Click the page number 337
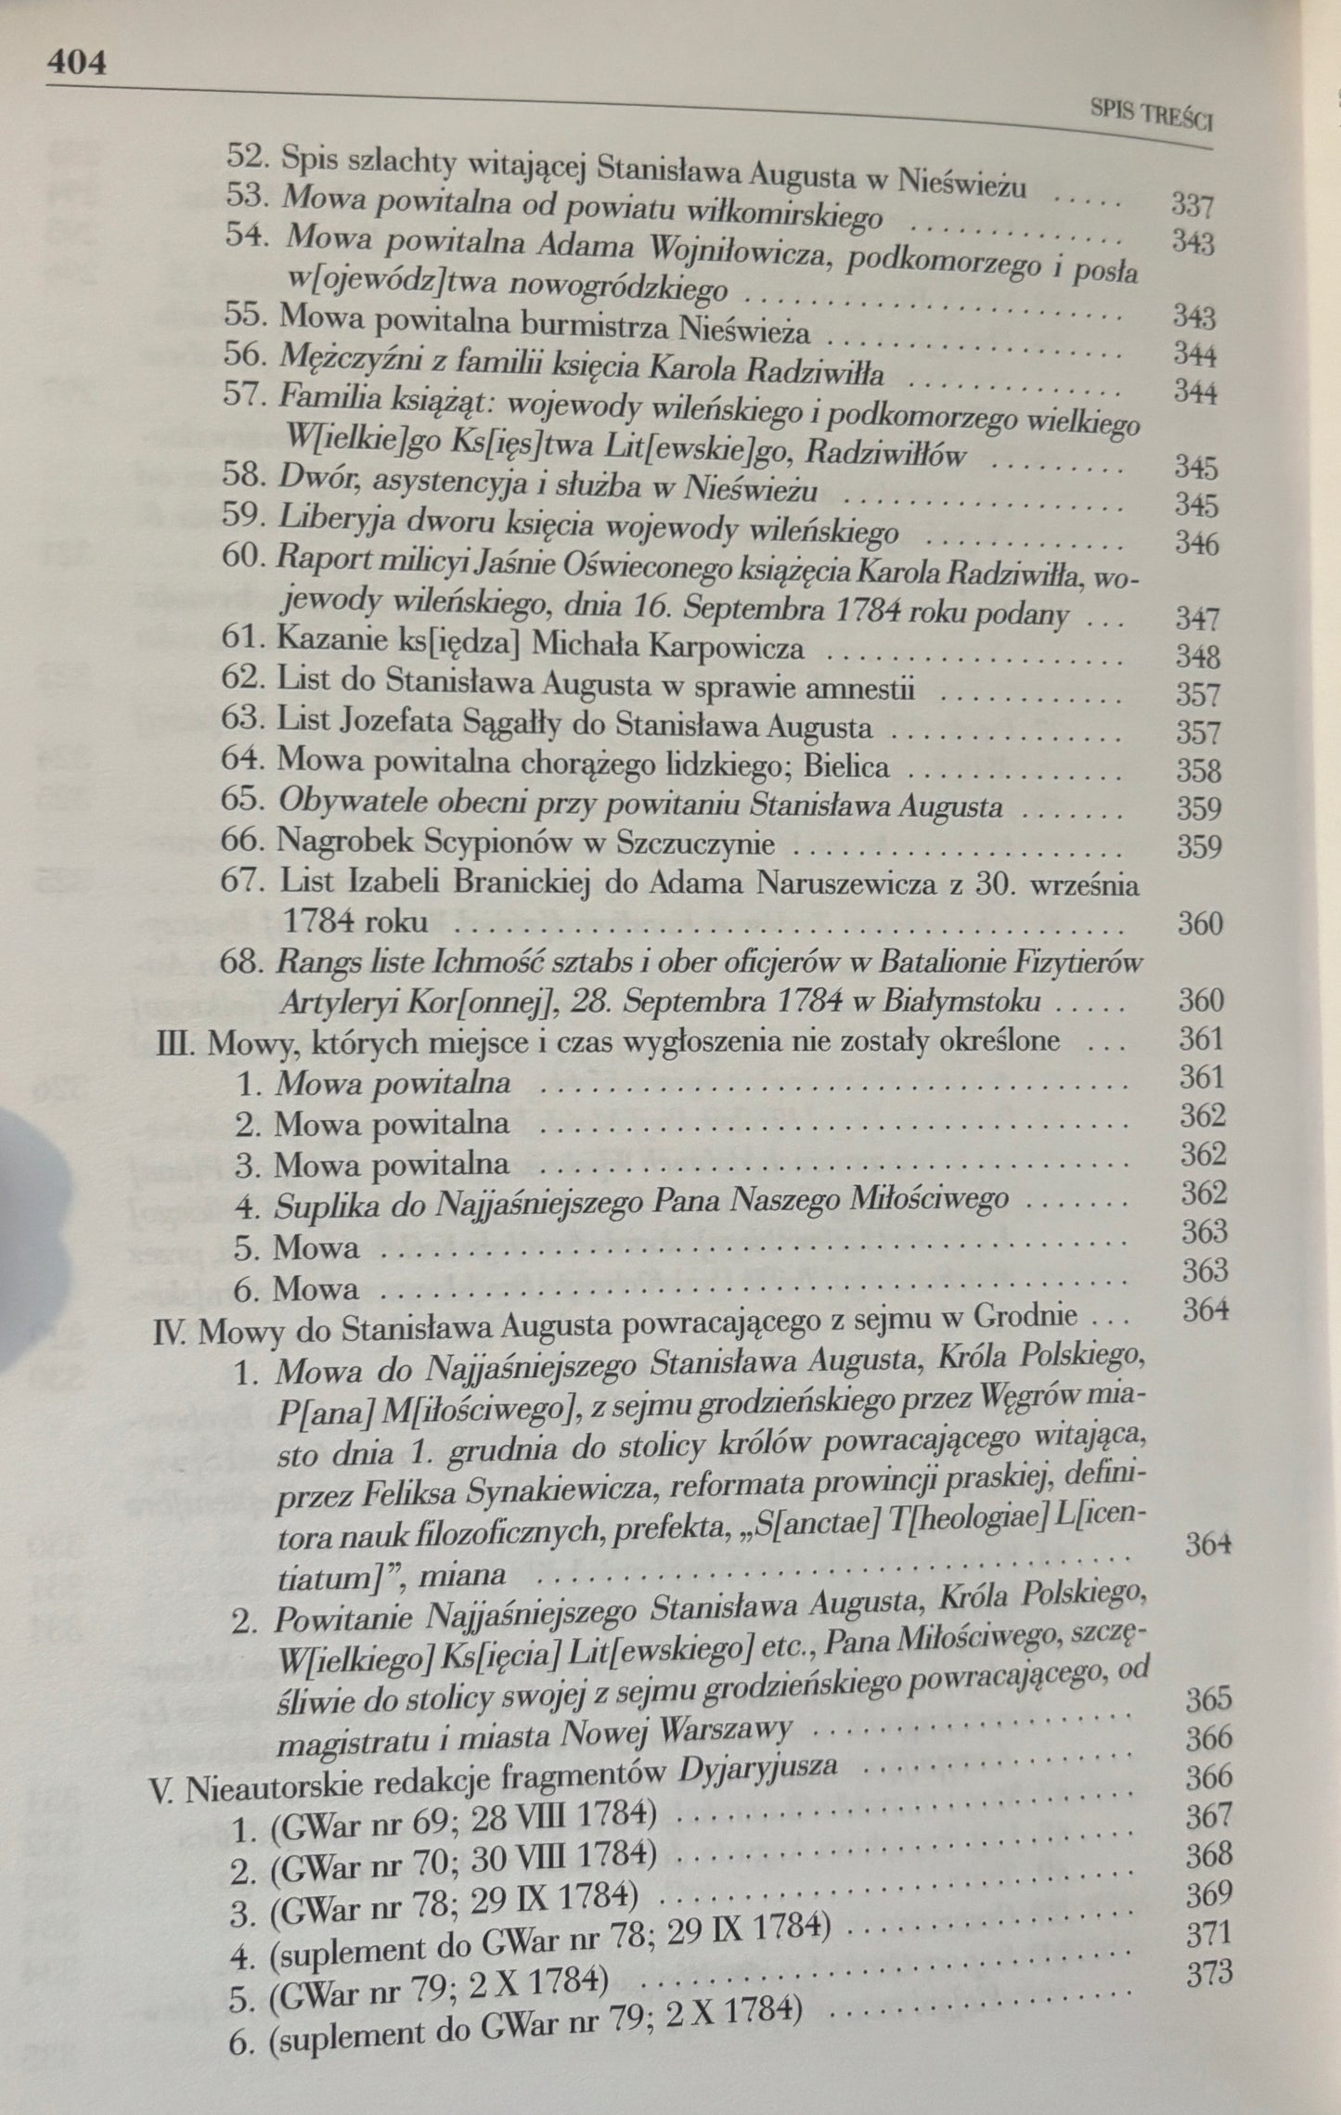(x=1192, y=205)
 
